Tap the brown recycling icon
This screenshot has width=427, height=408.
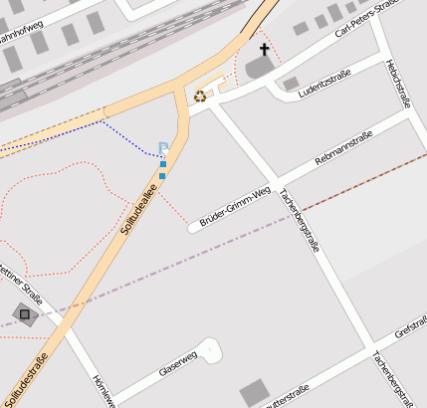[200, 97]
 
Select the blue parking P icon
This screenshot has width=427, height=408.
[163, 148]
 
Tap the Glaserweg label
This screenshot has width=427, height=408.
[179, 364]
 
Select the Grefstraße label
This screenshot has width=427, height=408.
[410, 328]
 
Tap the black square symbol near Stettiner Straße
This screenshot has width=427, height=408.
[24, 314]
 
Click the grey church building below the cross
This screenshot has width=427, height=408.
[259, 67]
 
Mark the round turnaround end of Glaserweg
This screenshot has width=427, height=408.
[212, 348]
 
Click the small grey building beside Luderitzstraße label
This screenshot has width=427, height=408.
[291, 85]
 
